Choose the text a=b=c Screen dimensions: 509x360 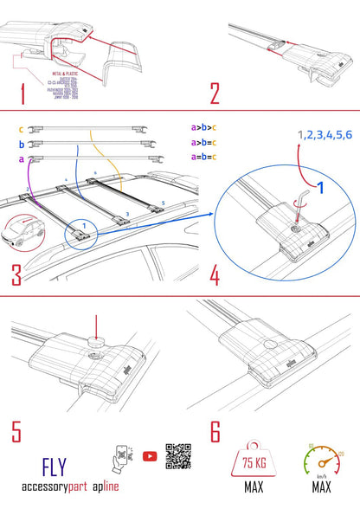206,157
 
